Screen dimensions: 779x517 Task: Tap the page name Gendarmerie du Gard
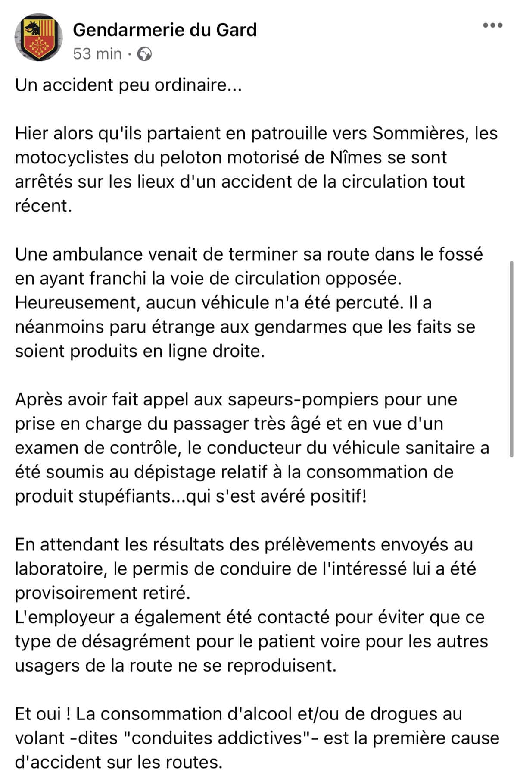click(x=165, y=30)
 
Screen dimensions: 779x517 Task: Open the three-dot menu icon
click(x=492, y=25)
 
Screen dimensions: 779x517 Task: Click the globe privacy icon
click(x=145, y=54)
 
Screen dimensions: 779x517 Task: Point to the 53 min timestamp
click(x=97, y=54)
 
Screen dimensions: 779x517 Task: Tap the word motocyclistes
click(x=72, y=157)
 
